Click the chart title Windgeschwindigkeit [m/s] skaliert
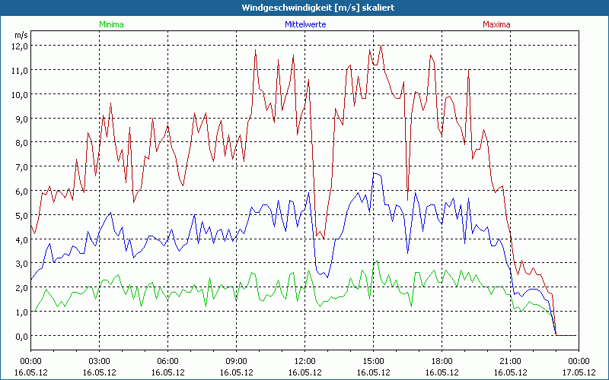[304, 7]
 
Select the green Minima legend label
[110, 24]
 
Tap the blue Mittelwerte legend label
[304, 24]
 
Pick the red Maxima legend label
[496, 24]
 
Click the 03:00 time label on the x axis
[100, 362]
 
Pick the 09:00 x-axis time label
[237, 362]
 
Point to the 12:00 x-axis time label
[305, 362]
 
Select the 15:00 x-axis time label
[374, 362]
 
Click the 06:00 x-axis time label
[168, 362]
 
